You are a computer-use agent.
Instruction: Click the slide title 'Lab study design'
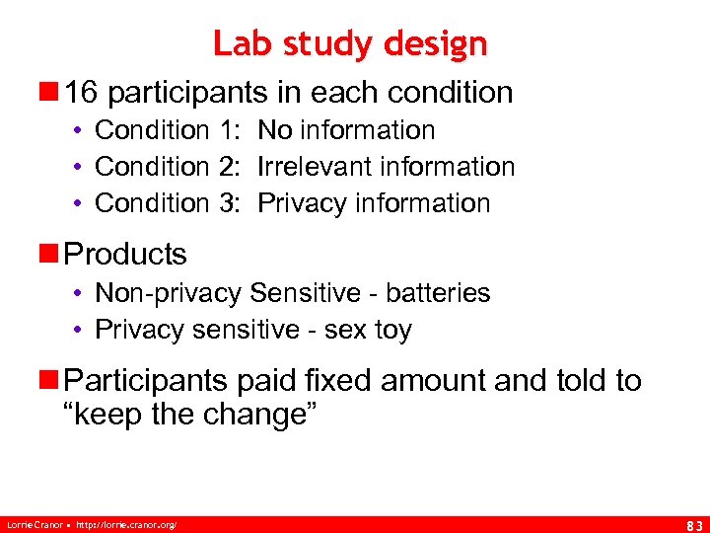(350, 43)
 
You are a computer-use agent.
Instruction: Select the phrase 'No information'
(346, 130)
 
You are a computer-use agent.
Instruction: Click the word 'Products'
(125, 254)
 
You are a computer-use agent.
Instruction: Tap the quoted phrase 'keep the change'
(188, 416)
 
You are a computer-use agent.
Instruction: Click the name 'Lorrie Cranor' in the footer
(35, 521)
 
